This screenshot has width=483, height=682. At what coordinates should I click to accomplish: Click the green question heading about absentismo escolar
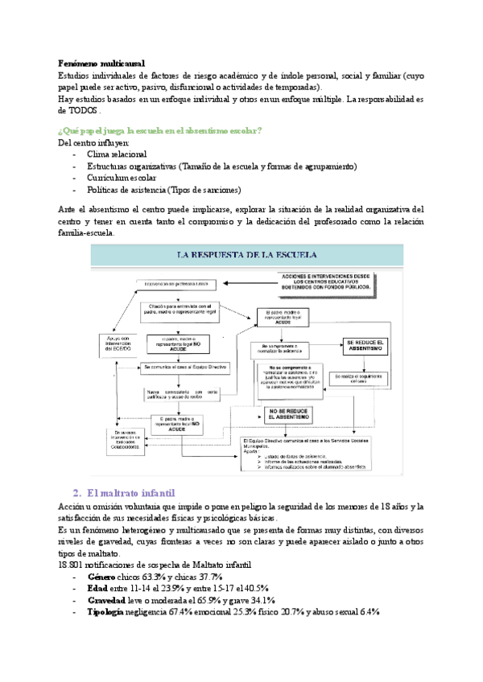click(x=161, y=130)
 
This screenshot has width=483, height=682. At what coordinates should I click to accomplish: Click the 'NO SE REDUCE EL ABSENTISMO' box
click(x=284, y=416)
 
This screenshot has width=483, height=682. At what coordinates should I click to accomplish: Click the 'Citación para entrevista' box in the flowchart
click(x=180, y=309)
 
